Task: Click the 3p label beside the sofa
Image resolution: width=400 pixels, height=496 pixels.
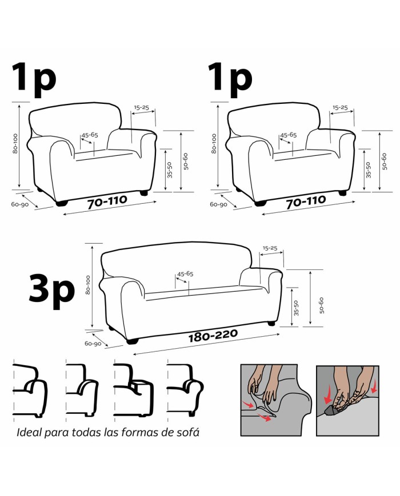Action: pyautogui.click(x=52, y=292)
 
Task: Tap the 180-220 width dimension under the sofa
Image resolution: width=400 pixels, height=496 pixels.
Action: pyautogui.click(x=213, y=336)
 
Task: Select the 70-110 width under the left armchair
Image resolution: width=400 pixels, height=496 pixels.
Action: pyautogui.click(x=107, y=202)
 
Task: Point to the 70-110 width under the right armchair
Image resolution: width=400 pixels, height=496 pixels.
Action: pyautogui.click(x=306, y=202)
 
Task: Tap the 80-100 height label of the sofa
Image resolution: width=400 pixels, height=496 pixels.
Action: pyautogui.click(x=88, y=285)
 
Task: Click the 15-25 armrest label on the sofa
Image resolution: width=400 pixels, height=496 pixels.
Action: pyautogui.click(x=270, y=248)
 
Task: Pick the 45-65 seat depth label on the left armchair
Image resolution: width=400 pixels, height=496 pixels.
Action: pyautogui.click(x=90, y=135)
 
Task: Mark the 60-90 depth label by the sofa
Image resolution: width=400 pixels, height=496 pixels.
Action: pyautogui.click(x=93, y=343)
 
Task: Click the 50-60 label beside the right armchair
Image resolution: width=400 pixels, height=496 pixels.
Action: pyautogui.click(x=385, y=162)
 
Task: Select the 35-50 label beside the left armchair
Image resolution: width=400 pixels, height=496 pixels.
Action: pyautogui.click(x=170, y=170)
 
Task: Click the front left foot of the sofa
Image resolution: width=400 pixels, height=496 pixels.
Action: pyautogui.click(x=133, y=341)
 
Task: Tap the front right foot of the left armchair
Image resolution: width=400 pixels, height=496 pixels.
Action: pyautogui.click(x=144, y=193)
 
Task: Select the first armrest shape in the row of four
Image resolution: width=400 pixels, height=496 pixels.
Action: pyautogui.click(x=30, y=390)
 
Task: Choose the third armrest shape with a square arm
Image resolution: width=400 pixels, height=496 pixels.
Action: pyautogui.click(x=133, y=390)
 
